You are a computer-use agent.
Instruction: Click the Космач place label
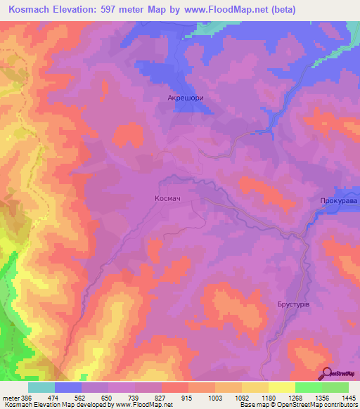pyautogui.click(x=167, y=199)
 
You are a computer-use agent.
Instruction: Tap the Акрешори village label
pyautogui.click(x=185, y=99)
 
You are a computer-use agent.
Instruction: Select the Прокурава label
pyautogui.click(x=338, y=201)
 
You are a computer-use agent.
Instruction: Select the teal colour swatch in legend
pyautogui.click(x=41, y=387)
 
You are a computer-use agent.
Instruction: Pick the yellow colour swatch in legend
pyautogui.click(x=281, y=387)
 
